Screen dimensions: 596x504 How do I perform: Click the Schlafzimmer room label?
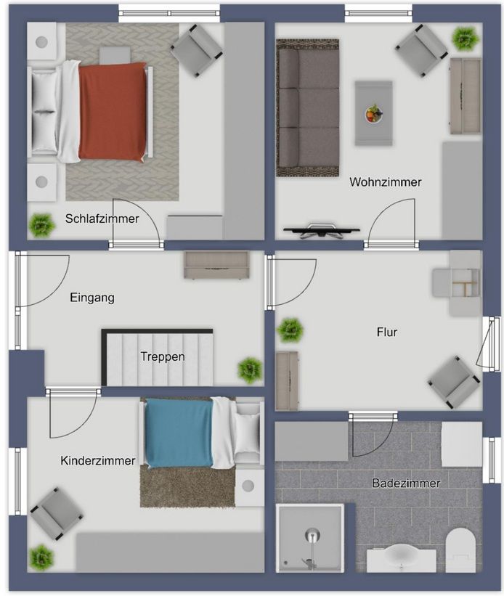pos(102,219)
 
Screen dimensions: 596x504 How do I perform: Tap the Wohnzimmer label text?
pos(385,182)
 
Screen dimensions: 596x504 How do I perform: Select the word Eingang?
pos(92,298)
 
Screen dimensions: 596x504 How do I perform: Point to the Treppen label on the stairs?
pos(163,356)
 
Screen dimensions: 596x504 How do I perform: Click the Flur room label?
pos(386,332)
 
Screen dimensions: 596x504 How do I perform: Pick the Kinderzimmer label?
pos(98,461)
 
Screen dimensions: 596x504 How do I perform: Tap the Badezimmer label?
pos(406,483)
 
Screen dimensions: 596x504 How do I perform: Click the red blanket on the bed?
pos(113,111)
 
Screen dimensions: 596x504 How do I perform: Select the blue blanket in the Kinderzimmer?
pos(178,433)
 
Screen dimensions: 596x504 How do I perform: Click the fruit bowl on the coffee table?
pos(373,113)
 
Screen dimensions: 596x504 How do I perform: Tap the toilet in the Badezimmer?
pos(460,550)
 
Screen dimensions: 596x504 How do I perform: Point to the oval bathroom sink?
pos(400,558)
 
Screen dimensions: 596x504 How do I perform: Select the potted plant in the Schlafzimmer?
pos(42,225)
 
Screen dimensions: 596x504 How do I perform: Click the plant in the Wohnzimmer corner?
pos(464,37)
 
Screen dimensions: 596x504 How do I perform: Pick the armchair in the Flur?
pos(455,381)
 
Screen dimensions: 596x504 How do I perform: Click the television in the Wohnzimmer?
pos(321,231)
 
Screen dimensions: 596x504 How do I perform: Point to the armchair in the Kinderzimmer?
pos(55,513)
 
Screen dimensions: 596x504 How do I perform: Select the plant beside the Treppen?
pos(250,370)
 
